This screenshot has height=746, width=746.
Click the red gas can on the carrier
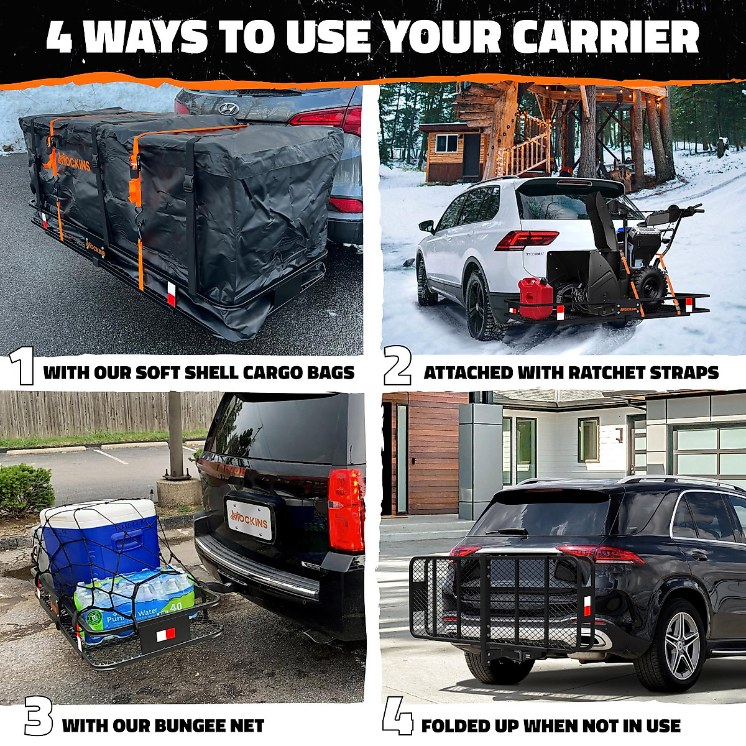pyautogui.click(x=535, y=298)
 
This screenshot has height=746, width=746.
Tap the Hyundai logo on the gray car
pyautogui.click(x=229, y=108)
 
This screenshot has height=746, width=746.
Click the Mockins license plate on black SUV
pyautogui.click(x=249, y=520)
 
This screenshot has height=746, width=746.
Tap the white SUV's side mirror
pyautogui.click(x=426, y=226)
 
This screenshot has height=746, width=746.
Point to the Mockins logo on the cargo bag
pyautogui.click(x=75, y=165)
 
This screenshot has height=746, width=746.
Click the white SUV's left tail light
pyautogui.click(x=526, y=239)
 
